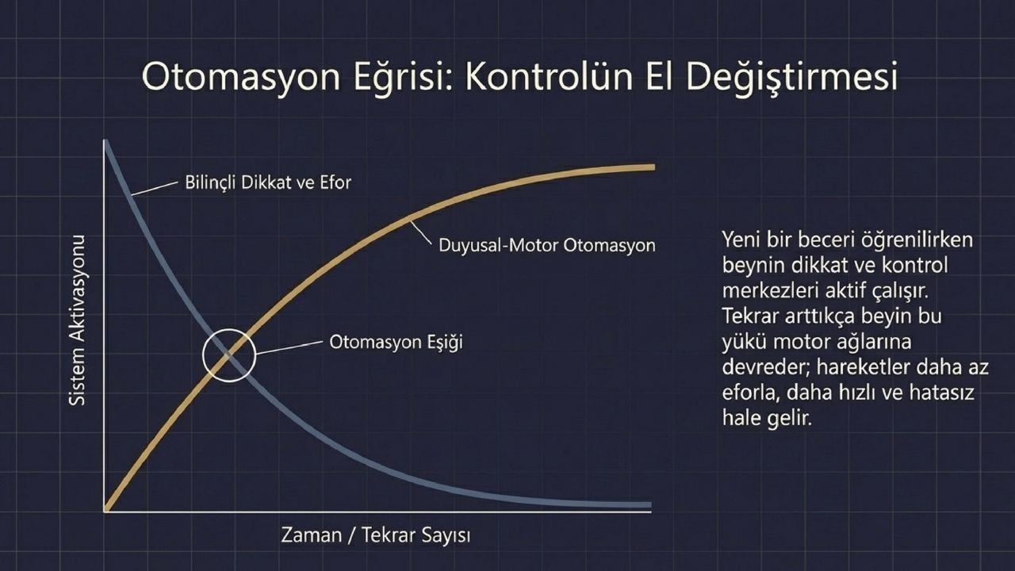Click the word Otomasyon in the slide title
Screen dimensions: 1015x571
241,78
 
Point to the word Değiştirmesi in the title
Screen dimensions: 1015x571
791,78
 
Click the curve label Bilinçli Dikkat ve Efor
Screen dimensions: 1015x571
268,182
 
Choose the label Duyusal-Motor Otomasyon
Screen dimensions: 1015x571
547,245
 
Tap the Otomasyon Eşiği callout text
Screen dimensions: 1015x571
396,342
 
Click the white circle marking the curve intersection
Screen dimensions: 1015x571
229,330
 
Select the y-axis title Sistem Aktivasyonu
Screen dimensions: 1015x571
77,320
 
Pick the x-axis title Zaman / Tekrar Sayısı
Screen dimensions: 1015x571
376,535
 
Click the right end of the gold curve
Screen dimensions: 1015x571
654,167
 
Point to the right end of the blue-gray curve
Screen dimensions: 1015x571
651,505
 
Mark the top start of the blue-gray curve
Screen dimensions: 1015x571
105,141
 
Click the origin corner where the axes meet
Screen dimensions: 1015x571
105,512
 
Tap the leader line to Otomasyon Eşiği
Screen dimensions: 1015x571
289,348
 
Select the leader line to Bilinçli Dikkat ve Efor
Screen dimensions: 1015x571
154,189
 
